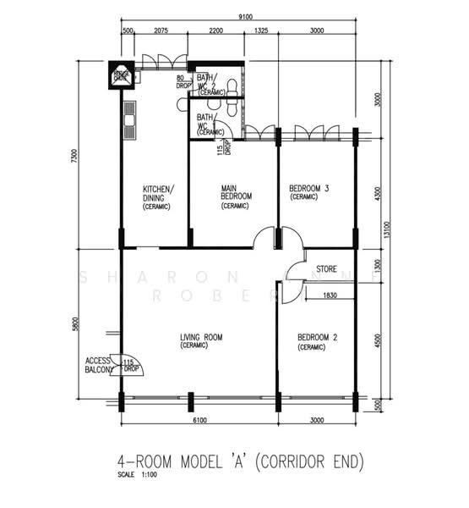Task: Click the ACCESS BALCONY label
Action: [x=98, y=365]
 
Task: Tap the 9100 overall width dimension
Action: [x=246, y=16]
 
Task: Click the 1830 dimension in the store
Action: [x=330, y=295]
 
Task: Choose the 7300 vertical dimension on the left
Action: [x=74, y=157]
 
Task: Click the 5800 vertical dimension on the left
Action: [x=74, y=324]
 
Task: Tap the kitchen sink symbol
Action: [x=129, y=119]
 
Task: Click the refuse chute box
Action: [x=121, y=76]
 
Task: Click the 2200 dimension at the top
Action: [x=215, y=31]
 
